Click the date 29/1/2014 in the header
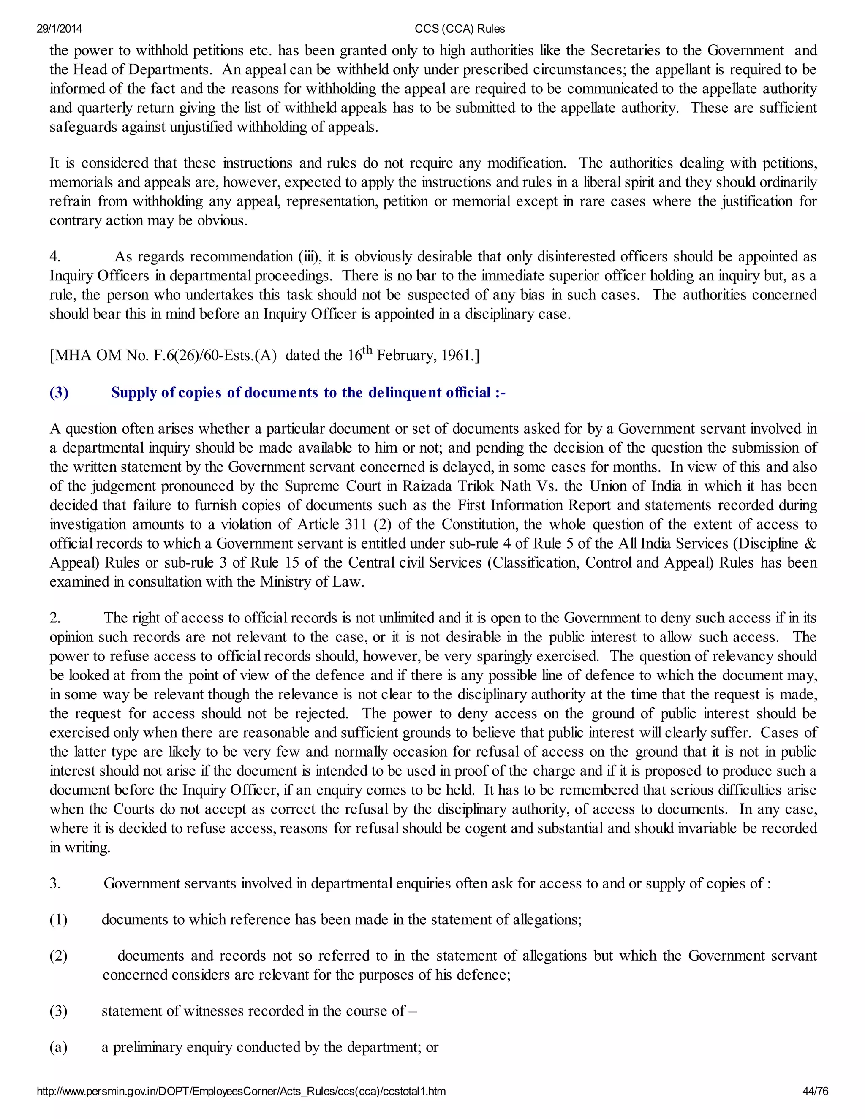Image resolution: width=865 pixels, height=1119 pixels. (x=60, y=29)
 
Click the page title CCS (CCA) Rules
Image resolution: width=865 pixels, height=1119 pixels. (x=460, y=29)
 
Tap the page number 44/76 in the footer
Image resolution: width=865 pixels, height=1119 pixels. (x=815, y=1091)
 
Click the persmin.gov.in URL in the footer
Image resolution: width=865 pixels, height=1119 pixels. (x=241, y=1091)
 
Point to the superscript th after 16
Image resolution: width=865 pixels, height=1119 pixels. (x=367, y=350)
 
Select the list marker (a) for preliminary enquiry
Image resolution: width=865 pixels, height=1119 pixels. (x=58, y=1047)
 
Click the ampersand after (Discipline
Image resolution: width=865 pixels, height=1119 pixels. (x=811, y=543)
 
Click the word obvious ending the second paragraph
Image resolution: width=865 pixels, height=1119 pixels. (x=224, y=220)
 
